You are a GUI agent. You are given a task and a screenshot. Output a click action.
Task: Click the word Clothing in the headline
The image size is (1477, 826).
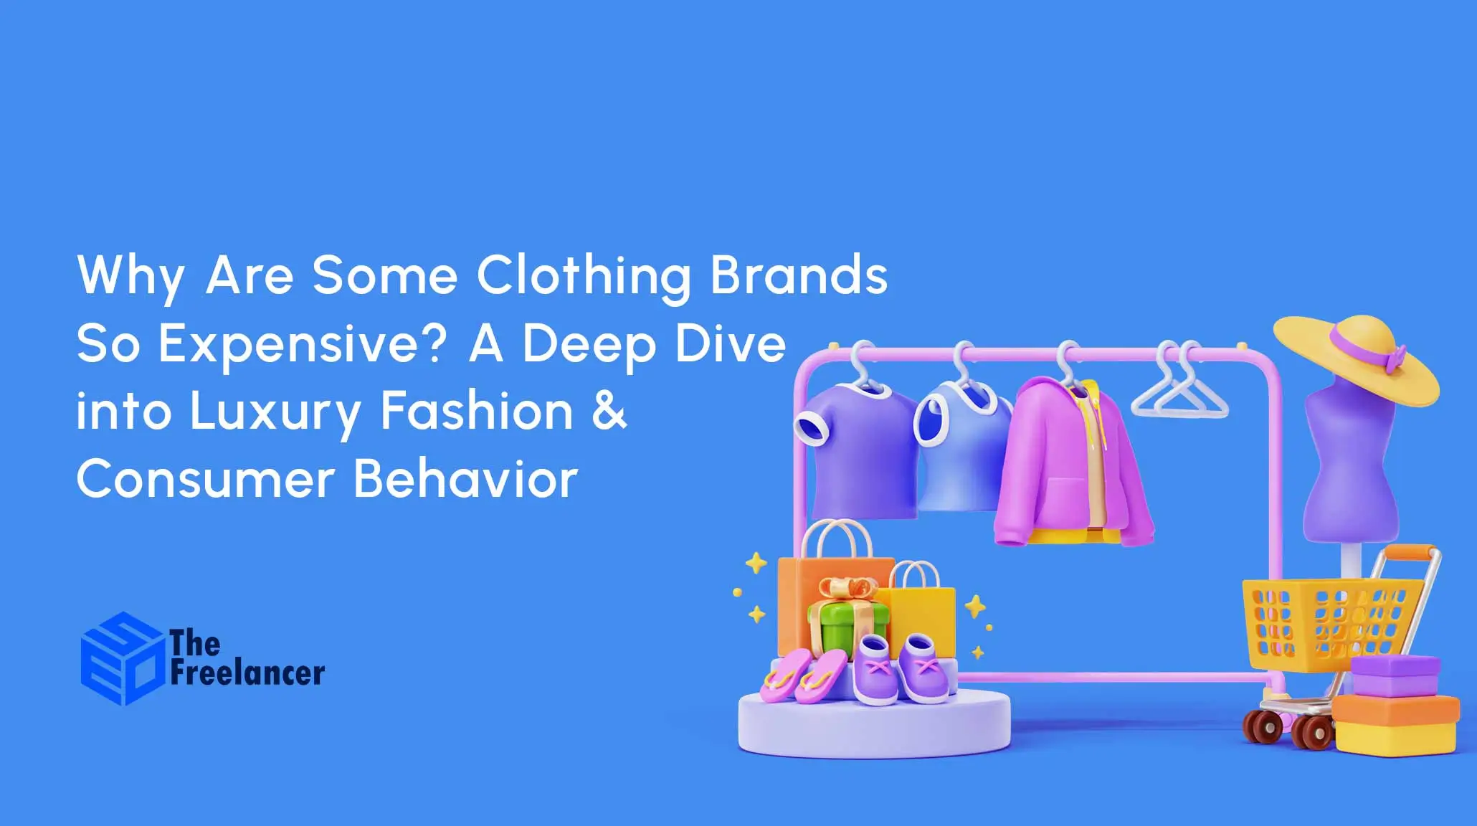coord(584,276)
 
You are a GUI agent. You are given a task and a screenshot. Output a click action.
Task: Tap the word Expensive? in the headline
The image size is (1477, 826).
coord(301,344)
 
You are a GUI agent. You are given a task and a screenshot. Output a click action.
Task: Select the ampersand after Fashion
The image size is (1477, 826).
coord(609,412)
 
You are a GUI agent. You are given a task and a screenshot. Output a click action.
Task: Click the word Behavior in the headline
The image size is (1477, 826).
coord(466,479)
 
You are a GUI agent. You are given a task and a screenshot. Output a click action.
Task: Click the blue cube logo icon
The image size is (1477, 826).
coord(122,658)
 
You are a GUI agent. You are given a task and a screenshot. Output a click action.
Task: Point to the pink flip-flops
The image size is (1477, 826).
coord(803,674)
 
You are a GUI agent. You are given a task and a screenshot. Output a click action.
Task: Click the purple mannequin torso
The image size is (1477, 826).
coord(1352,466)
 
